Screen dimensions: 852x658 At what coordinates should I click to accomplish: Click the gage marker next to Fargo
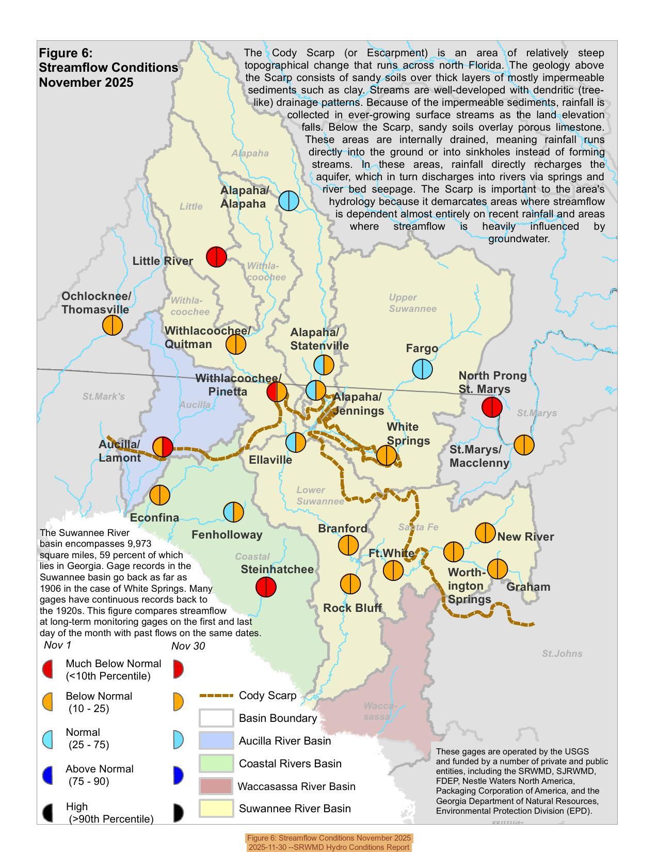tap(422, 369)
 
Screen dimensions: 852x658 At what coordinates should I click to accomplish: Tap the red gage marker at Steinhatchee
tap(266, 587)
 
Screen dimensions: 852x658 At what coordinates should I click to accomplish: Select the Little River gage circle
tap(216, 256)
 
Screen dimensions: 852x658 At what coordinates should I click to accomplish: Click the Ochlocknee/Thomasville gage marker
tap(113, 325)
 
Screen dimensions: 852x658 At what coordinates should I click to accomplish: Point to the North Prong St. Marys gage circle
tap(492, 407)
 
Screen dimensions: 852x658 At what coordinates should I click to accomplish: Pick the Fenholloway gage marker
tap(234, 512)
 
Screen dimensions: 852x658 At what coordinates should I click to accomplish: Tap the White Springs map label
tap(408, 434)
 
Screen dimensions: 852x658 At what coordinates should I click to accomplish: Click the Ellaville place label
tap(270, 460)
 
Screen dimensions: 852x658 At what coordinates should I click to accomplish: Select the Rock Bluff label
tap(352, 608)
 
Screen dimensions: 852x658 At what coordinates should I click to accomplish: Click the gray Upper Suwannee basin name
tap(412, 303)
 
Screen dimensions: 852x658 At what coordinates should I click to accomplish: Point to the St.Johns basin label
tap(562, 654)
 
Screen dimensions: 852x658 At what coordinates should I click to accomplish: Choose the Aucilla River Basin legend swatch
tap(216, 740)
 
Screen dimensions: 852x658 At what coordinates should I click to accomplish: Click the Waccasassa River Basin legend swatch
tap(216, 786)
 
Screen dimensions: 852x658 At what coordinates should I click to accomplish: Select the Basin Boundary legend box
tap(216, 718)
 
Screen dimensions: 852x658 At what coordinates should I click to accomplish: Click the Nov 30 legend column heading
tap(188, 646)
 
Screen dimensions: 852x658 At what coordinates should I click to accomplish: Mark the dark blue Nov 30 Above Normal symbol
tap(178, 776)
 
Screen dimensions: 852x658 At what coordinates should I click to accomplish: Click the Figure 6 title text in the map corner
tap(108, 68)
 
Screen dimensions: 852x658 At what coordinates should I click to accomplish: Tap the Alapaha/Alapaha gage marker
tap(288, 200)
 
